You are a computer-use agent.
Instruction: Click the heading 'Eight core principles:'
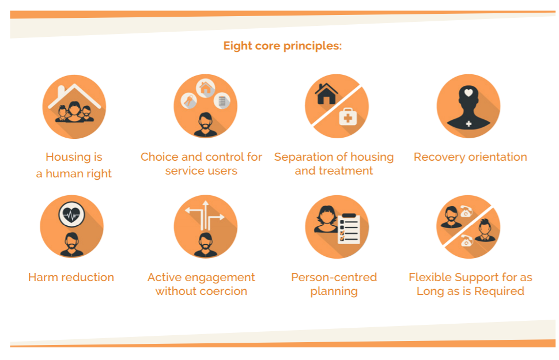(282, 46)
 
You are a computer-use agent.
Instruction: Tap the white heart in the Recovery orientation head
(469, 93)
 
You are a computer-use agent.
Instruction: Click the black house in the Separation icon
(326, 94)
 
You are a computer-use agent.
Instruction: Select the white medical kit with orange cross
(348, 116)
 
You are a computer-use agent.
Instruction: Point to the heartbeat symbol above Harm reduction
(71, 215)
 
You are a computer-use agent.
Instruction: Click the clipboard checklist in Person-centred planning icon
(349, 229)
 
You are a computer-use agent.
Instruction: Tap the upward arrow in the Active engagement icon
(205, 215)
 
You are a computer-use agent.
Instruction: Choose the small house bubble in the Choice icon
(205, 88)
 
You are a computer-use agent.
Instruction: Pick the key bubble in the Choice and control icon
(189, 101)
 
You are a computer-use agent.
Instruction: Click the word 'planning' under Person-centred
(334, 292)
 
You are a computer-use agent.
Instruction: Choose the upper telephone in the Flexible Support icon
(466, 211)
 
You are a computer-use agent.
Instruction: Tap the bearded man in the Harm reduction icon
(71, 245)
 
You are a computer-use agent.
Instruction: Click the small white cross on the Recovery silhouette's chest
(469, 124)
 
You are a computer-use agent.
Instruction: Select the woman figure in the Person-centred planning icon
(326, 219)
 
